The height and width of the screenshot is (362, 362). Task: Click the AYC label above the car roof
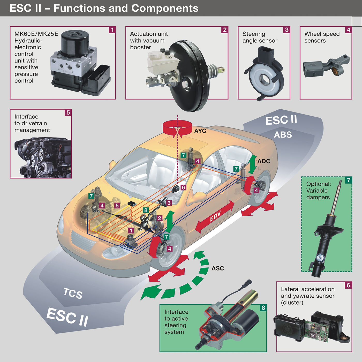pyautogui.click(x=200, y=131)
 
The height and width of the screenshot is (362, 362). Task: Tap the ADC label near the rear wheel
pyautogui.click(x=264, y=161)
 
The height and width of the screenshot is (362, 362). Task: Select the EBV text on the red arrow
pyautogui.click(x=215, y=216)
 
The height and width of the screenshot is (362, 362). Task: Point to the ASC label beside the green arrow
pyautogui.click(x=218, y=268)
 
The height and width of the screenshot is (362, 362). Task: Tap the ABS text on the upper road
pyautogui.click(x=283, y=135)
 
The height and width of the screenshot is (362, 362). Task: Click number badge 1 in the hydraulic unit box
pyautogui.click(x=112, y=30)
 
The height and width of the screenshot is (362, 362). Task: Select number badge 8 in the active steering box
pyautogui.click(x=263, y=308)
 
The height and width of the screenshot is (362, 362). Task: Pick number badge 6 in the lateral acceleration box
pyautogui.click(x=348, y=285)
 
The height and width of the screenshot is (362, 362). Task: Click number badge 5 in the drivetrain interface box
pyautogui.click(x=68, y=113)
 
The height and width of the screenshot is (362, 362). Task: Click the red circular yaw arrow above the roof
pyautogui.click(x=177, y=128)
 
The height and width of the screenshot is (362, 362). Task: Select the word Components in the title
pyautogui.click(x=165, y=8)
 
